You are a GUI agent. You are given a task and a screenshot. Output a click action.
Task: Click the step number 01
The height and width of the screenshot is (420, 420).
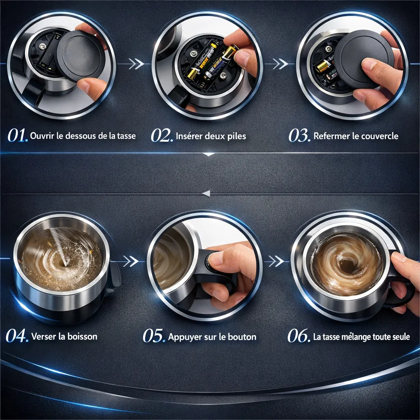pos(17,135)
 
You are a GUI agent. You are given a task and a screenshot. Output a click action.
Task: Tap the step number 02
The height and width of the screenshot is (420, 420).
pos(162,135)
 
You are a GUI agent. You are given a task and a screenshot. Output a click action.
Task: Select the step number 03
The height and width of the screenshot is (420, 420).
pos(299,135)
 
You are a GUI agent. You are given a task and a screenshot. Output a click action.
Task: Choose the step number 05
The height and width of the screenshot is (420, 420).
pos(154,336)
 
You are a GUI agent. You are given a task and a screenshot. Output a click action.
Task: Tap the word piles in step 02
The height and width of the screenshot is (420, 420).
pos(237,136)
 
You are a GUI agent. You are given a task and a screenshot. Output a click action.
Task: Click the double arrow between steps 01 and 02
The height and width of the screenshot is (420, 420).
pos(136,64)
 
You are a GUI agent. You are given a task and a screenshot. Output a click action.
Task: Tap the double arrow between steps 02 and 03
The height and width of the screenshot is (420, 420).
pos(281,64)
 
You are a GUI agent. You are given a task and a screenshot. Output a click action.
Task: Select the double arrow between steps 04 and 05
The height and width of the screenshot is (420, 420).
pos(130,261)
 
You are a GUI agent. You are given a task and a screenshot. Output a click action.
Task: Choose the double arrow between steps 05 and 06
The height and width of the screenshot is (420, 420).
pos(276,261)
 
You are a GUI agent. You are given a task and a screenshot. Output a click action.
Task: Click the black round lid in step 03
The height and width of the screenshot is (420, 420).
pos(361,61)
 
